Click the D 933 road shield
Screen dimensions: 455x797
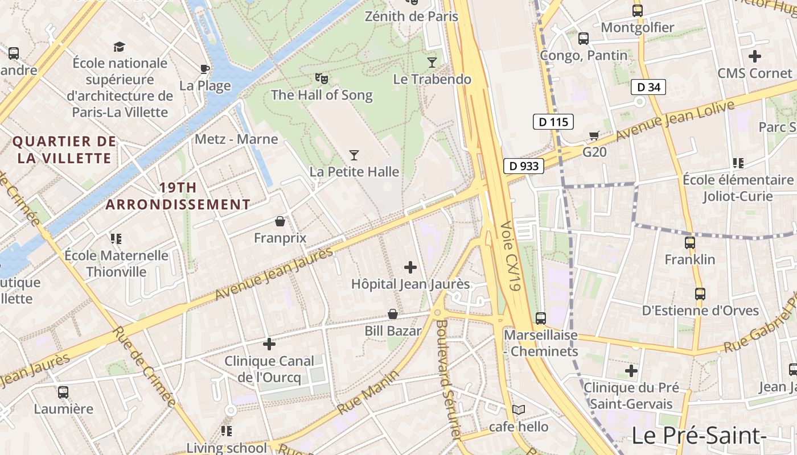tap(524, 166)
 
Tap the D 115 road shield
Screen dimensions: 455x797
tap(553, 122)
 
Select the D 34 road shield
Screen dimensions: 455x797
tap(648, 87)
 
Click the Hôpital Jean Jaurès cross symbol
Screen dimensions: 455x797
tap(410, 267)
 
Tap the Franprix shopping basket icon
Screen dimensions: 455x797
tap(280, 221)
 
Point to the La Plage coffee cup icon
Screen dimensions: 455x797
tap(204, 69)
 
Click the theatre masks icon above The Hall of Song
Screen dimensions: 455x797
tap(322, 78)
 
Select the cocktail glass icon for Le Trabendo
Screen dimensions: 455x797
tap(432, 62)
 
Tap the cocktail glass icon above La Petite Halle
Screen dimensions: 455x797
tap(354, 155)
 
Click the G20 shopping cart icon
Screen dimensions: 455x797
tap(594, 135)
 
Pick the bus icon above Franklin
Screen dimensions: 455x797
tap(690, 243)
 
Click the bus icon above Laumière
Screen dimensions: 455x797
tap(63, 392)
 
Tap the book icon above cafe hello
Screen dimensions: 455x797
tap(519, 409)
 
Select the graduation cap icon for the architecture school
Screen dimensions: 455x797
tap(120, 46)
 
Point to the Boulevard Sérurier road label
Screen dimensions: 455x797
tap(447, 378)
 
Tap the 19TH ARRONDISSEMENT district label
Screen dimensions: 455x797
tap(178, 196)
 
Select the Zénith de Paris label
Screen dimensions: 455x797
tap(411, 16)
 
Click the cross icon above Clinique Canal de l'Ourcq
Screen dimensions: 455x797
tap(269, 344)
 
